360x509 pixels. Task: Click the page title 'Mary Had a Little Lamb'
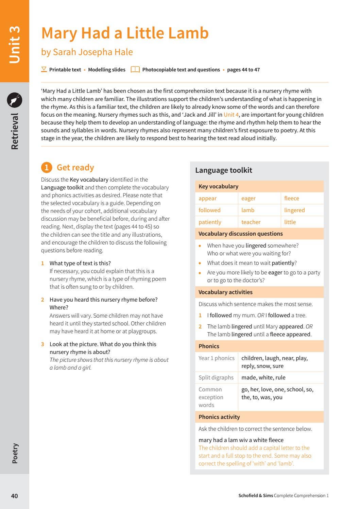pos(125,33)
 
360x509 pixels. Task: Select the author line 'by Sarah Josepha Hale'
pos(87,52)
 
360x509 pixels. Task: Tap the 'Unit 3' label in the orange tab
pos(15,45)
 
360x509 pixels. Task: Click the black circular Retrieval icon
pos(15,100)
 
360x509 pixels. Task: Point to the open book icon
pos(135,69)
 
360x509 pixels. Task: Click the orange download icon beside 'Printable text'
pos(44,69)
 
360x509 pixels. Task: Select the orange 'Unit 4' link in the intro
pos(231,115)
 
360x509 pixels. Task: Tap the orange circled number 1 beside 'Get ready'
pos(47,167)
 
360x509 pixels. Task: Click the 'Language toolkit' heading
pos(223,170)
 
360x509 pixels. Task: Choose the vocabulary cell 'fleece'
pos(291,198)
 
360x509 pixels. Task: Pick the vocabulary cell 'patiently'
pos(210,222)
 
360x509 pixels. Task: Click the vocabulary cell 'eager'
pos(248,198)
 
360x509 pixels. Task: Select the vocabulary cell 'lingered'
pos(294,210)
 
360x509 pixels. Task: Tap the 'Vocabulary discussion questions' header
pos(240,234)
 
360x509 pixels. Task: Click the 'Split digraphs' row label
pos(216,377)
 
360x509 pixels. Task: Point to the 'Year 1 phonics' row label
pos(216,358)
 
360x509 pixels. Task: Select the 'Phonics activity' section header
pos(219,417)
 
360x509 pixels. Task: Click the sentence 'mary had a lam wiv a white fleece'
pos(241,440)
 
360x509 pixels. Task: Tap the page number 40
pos(14,496)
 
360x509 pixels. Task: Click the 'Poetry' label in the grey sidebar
pos(15,453)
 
